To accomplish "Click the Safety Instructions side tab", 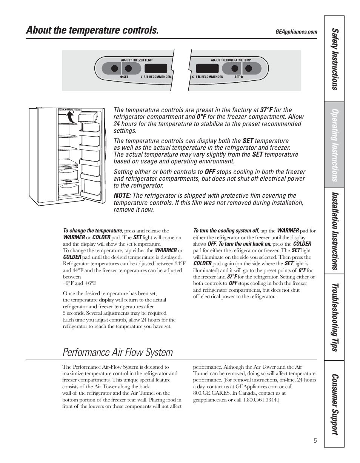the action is [x=334, y=59].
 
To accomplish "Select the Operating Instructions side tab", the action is [x=334, y=145].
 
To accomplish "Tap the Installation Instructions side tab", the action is [x=334, y=231].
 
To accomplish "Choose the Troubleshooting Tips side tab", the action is [x=334, y=317].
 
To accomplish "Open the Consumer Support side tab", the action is [x=334, y=404].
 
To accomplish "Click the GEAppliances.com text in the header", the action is [x=296, y=32].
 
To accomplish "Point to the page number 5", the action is [x=315, y=441].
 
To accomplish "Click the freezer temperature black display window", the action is [x=156, y=68].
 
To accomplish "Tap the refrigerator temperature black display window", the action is [x=207, y=68].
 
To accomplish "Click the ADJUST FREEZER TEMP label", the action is [x=137, y=60].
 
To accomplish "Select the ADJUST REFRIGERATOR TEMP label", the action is [x=231, y=60].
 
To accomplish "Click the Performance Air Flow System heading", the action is [x=118, y=352].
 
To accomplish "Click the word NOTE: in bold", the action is [x=122, y=195].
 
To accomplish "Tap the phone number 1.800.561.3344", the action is [x=260, y=400].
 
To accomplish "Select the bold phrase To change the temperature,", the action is [x=93, y=231].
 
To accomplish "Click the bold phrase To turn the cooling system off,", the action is [x=226, y=231].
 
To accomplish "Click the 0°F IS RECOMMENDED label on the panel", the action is [x=156, y=77].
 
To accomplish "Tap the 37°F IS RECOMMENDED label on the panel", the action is [x=207, y=77].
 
